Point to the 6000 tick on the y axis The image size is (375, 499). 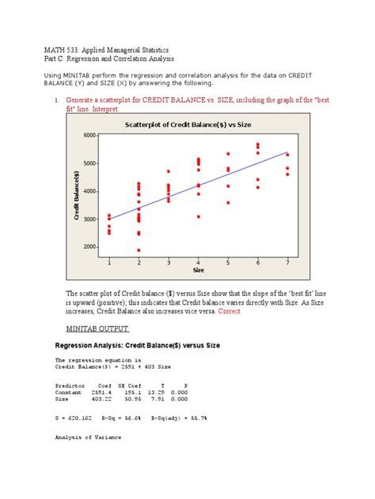tap(89, 136)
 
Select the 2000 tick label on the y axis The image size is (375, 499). tap(89, 247)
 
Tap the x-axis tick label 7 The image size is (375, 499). tap(287, 261)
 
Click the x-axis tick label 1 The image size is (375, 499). tap(109, 261)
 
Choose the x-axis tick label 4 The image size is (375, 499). tap(198, 261)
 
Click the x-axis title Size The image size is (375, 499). tap(198, 269)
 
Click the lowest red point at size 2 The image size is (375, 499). tap(138, 250)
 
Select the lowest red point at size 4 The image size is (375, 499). tap(198, 216)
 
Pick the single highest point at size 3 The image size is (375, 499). tap(169, 171)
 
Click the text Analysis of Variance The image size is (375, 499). tap(88, 437)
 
